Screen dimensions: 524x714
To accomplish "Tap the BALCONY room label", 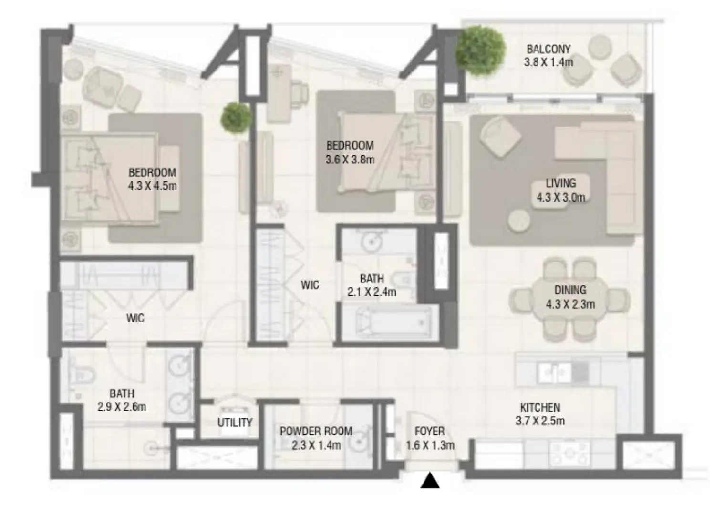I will (x=548, y=55).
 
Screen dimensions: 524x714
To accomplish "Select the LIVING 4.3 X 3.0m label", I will (x=560, y=190).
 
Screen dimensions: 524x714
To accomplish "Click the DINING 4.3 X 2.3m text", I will (x=570, y=297).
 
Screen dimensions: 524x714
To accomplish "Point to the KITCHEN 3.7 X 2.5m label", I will (x=540, y=414).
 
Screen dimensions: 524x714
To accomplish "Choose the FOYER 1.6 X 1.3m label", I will (x=430, y=438).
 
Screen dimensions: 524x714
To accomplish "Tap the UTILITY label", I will (x=235, y=423).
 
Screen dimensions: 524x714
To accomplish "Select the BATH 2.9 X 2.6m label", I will (x=122, y=400).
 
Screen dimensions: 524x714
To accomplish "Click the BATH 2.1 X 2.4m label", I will (x=372, y=285).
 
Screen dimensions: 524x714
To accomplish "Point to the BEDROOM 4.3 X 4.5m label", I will (x=152, y=179).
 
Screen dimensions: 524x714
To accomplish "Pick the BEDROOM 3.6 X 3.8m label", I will (x=350, y=152).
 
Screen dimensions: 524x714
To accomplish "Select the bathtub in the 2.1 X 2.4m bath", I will (x=390, y=322).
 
